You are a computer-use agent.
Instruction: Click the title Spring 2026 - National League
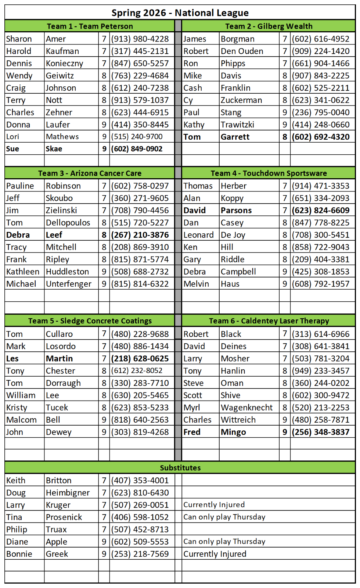coord(180,13)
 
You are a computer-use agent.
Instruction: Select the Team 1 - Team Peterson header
coord(90,26)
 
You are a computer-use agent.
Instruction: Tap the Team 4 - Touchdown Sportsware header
coord(269,173)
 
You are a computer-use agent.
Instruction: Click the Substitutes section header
coord(180,468)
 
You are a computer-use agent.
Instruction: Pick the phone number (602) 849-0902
coord(137,149)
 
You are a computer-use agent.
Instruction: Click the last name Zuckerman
coord(241,100)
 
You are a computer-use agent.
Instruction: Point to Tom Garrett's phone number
coord(321,137)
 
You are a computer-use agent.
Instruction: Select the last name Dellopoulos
coord(68,223)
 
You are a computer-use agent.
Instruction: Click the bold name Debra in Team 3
coord(18,235)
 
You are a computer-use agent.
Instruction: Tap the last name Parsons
coord(236,210)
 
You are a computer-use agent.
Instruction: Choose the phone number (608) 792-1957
coord(321,284)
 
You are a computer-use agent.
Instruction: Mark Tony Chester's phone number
coord(137,371)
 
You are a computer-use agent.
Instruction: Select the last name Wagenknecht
coord(246,408)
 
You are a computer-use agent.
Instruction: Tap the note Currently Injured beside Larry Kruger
coord(214,505)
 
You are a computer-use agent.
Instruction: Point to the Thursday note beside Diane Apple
coord(224,542)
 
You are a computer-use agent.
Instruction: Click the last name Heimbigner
coord(68,493)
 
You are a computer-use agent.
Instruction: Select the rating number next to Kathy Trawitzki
coord(285,125)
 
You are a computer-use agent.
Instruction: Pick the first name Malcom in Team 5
coord(21,420)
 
